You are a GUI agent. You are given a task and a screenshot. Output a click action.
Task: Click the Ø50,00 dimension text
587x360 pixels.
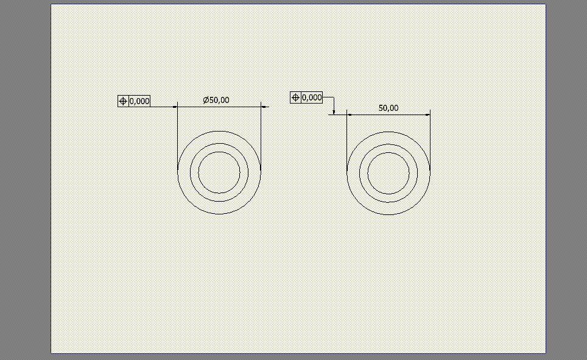pyautogui.click(x=216, y=100)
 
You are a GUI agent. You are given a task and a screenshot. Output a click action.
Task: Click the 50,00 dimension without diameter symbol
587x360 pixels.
pyautogui.click(x=388, y=108)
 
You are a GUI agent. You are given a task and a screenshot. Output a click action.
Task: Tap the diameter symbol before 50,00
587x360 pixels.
pyautogui.click(x=206, y=100)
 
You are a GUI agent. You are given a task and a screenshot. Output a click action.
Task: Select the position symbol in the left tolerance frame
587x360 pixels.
pyautogui.click(x=123, y=101)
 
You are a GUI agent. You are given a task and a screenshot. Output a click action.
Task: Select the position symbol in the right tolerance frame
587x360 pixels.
pyautogui.click(x=295, y=98)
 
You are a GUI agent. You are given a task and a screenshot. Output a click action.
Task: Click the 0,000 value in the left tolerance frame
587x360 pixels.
pyautogui.click(x=139, y=101)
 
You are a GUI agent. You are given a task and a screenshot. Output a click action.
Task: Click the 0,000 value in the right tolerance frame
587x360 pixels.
pyautogui.click(x=312, y=98)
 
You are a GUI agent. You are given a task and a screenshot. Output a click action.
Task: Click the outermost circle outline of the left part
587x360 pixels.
pyautogui.click(x=219, y=131)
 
